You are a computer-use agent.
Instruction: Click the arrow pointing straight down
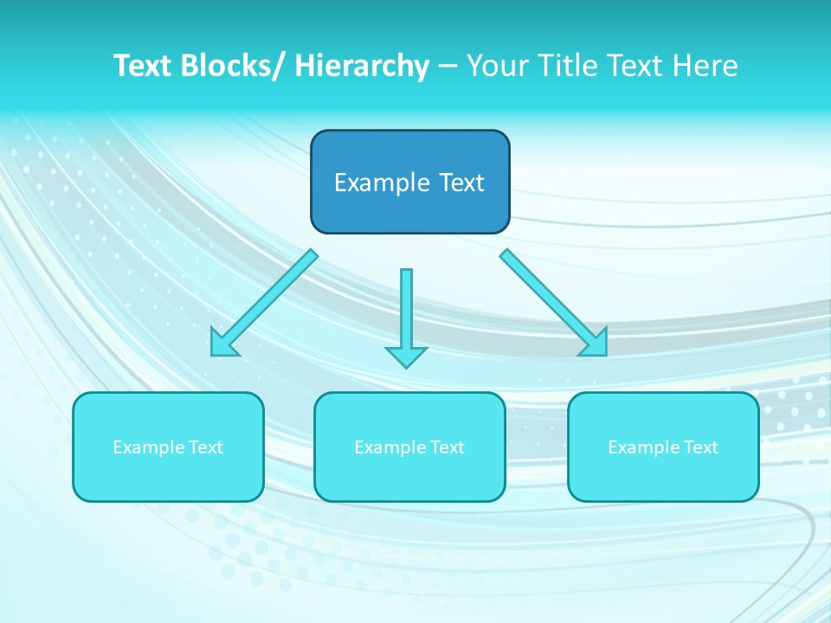pos(406,311)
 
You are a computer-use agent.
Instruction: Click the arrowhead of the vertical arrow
pos(406,356)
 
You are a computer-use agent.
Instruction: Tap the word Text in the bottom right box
pos(699,447)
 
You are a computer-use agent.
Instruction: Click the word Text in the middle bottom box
pos(446,447)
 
